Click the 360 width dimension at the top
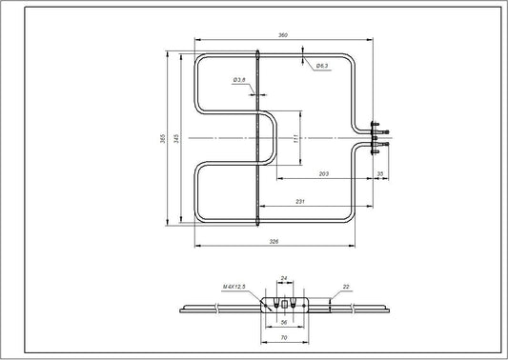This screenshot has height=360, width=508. [282, 35]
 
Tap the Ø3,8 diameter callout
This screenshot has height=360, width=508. [238, 80]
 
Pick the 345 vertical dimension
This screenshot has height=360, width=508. [177, 138]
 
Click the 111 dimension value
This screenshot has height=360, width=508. [296, 138]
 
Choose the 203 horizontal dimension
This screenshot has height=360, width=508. [325, 174]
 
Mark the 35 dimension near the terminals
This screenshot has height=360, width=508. [380, 174]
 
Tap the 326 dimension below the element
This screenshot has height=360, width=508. [275, 242]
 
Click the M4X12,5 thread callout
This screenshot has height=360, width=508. [234, 285]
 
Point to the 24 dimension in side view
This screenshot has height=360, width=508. [282, 278]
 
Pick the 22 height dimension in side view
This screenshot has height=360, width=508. [345, 287]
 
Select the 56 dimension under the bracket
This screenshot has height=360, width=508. [282, 323]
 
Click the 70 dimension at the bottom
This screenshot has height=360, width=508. [282, 338]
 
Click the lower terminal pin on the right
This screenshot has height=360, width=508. [381, 145]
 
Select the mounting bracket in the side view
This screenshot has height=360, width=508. [282, 305]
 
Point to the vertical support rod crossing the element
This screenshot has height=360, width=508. [260, 143]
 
